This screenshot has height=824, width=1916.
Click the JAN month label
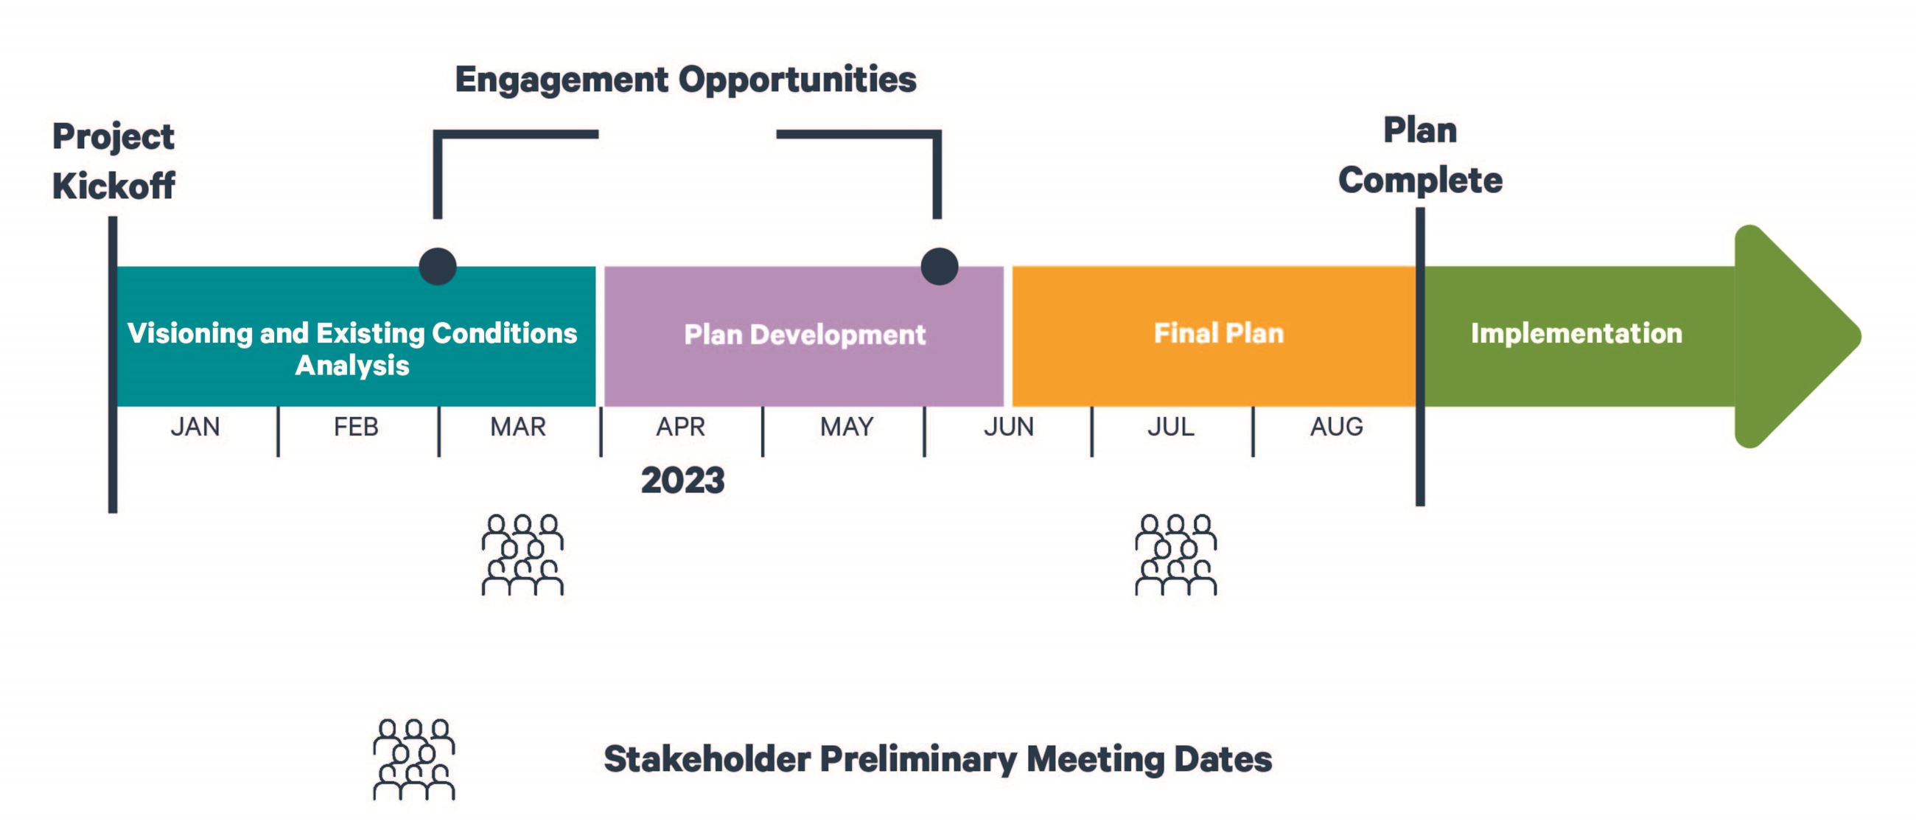click(195, 427)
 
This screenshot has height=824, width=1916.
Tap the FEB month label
click(355, 427)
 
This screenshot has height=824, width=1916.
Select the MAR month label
click(517, 427)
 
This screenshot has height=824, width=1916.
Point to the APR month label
click(681, 427)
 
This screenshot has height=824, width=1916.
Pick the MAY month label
click(847, 427)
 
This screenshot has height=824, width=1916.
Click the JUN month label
click(1009, 427)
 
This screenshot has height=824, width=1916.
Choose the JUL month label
click(1171, 427)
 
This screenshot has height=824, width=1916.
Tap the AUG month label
click(1337, 427)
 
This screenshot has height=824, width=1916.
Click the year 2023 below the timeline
click(683, 481)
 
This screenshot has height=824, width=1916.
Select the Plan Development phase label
click(805, 335)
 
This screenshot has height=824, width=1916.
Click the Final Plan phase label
click(1218, 333)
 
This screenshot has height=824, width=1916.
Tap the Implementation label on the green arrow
click(1576, 334)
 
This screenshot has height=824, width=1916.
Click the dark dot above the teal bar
click(437, 266)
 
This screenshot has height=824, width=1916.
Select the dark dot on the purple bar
click(940, 266)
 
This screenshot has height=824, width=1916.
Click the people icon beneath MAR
click(522, 555)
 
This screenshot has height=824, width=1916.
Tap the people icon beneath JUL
click(1175, 555)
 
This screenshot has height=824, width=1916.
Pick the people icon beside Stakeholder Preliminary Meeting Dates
click(413, 759)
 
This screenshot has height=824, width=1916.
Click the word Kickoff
click(113, 186)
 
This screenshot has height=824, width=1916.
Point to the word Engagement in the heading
click(562, 80)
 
